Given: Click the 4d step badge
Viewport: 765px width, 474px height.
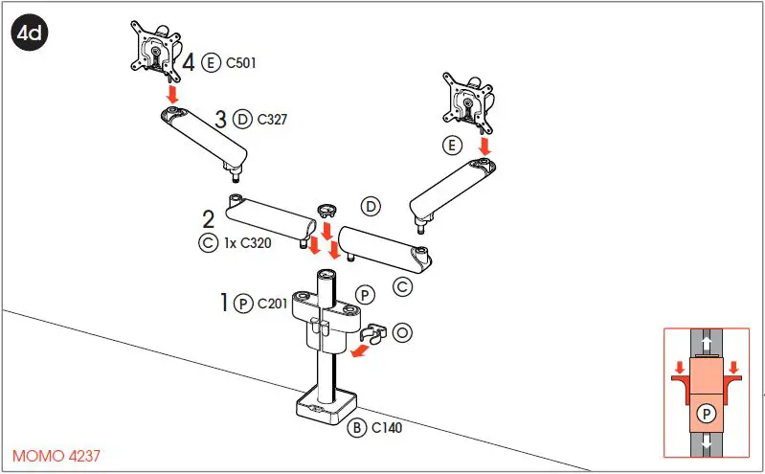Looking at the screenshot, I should point(29,33).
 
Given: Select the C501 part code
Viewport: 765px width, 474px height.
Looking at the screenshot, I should point(240,64).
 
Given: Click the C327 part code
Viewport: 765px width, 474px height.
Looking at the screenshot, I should point(272,120).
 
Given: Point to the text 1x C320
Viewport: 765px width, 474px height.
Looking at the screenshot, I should point(248,243).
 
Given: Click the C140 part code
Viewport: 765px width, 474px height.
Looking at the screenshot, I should point(386,426).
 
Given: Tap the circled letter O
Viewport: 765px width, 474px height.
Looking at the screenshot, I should point(402,332).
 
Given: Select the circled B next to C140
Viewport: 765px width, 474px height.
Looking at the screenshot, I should point(356,426).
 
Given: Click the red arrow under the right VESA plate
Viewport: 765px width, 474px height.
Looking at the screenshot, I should point(484,145).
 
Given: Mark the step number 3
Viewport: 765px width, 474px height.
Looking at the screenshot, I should point(220,120).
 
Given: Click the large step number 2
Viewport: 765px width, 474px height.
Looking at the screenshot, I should point(208,220).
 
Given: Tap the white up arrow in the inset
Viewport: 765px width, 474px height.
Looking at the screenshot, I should point(706,342).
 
